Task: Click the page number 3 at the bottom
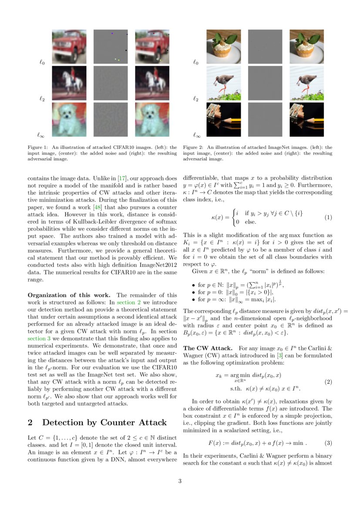pyautogui.click(x=180, y=481)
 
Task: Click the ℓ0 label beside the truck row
pyautogui.click(x=42, y=63)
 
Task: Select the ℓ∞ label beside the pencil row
pyautogui.click(x=197, y=135)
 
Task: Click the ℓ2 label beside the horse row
pyautogui.click(x=42, y=99)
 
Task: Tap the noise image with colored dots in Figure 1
pyautogui.click(x=111, y=47)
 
